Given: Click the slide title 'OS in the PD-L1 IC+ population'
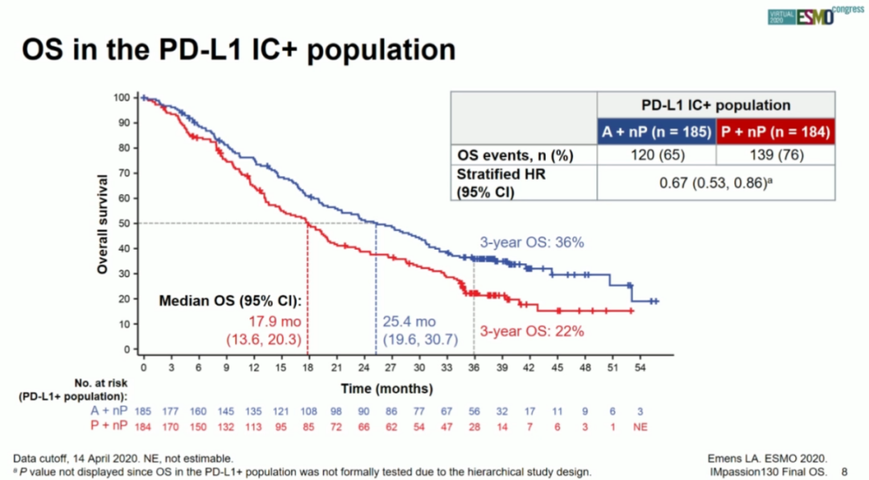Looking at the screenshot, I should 238,50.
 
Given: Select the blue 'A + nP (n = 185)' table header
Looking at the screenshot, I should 657,131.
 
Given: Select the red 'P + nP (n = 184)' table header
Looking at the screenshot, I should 773,131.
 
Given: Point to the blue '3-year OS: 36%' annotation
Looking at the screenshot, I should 532,242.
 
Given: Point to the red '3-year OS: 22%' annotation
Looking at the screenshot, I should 532,330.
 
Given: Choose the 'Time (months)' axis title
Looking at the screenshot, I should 386,388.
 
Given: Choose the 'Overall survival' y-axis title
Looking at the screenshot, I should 103,223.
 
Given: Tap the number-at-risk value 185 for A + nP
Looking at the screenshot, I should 143,412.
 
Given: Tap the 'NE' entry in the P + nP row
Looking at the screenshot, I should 640,426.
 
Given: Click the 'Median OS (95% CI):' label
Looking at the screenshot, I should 230,302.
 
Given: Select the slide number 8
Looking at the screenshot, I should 844,470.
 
